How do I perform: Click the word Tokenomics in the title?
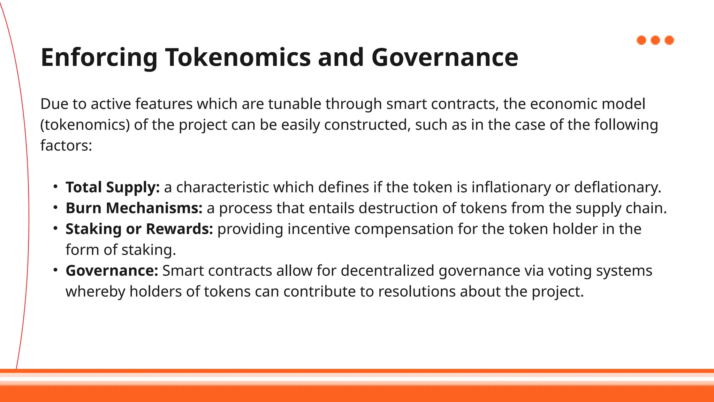tap(237, 57)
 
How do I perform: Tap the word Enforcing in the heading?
tap(99, 58)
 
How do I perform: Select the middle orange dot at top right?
tap(655, 40)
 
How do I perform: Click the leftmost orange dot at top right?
tap(641, 40)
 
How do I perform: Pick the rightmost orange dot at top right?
tap(669, 40)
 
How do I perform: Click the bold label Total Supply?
tap(113, 188)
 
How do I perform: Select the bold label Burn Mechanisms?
tap(134, 208)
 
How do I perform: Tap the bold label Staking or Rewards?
tap(139, 229)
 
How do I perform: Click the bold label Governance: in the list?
tap(112, 271)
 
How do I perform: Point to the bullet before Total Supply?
tap(55, 187)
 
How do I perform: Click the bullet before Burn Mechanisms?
tap(55, 208)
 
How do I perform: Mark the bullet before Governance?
tap(55, 270)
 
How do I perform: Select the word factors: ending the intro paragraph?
tap(66, 146)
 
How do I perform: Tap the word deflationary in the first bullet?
tap(617, 187)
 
